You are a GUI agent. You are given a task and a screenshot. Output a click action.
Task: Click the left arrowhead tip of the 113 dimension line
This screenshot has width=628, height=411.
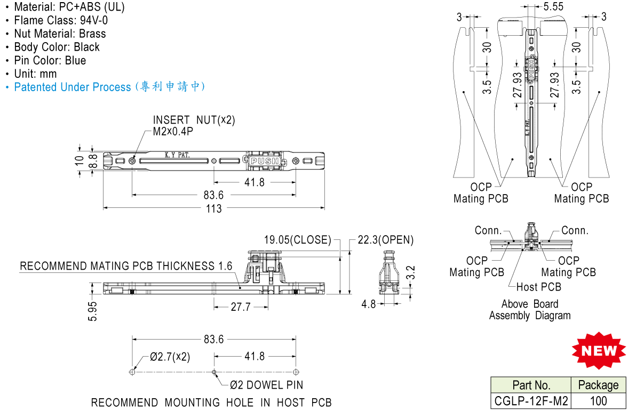click(x=104, y=208)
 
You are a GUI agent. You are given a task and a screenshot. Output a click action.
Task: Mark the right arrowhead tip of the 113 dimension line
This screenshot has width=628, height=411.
click(x=324, y=208)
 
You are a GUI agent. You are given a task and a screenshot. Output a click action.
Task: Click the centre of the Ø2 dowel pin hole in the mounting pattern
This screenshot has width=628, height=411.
click(x=214, y=372)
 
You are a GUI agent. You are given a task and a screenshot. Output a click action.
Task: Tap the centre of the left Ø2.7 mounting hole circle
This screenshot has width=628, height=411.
click(x=132, y=372)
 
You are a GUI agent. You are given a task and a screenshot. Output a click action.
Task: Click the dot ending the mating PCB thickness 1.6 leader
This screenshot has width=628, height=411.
click(x=240, y=287)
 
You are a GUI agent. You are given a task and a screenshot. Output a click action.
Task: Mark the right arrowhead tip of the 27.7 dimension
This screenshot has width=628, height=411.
click(x=268, y=308)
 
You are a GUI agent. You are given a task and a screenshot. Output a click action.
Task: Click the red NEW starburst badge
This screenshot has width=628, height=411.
click(x=598, y=350)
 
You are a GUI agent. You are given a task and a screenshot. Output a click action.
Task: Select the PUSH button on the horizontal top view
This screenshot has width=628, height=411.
click(x=264, y=161)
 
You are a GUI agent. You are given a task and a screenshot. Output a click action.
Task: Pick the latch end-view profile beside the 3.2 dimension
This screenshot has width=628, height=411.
click(x=388, y=273)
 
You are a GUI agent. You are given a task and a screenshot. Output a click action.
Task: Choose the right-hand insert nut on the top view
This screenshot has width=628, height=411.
click(x=296, y=161)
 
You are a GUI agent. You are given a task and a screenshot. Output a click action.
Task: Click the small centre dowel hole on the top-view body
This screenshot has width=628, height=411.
click(x=214, y=161)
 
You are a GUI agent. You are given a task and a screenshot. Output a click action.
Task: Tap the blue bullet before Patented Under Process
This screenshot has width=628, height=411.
click(x=7, y=87)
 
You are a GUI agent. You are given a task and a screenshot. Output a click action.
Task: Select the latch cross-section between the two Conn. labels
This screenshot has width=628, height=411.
click(x=531, y=236)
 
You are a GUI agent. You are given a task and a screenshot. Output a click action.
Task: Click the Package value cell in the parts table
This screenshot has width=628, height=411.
click(x=598, y=400)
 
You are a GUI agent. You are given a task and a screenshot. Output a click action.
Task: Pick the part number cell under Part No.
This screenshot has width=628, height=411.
click(x=531, y=400)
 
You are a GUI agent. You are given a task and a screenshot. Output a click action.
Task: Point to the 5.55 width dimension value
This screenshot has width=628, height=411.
click(x=553, y=6)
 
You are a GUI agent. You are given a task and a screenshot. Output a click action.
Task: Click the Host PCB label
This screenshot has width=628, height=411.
click(x=539, y=287)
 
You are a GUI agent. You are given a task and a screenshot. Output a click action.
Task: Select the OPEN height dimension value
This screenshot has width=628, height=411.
click(x=386, y=240)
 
